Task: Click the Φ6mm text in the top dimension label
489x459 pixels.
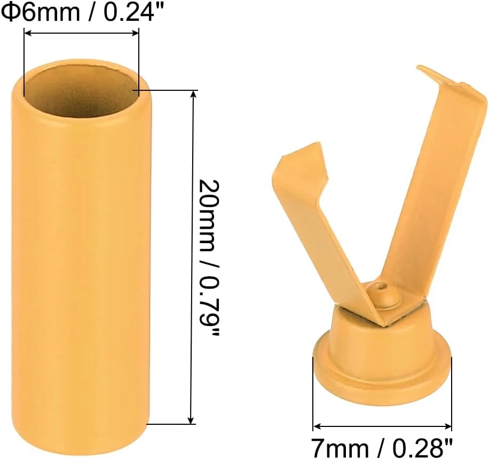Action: click(x=41, y=11)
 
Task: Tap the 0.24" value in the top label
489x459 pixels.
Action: click(x=129, y=11)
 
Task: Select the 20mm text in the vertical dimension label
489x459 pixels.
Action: click(x=206, y=215)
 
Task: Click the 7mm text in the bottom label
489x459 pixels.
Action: click(x=340, y=447)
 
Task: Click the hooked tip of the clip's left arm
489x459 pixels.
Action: click(x=299, y=158)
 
